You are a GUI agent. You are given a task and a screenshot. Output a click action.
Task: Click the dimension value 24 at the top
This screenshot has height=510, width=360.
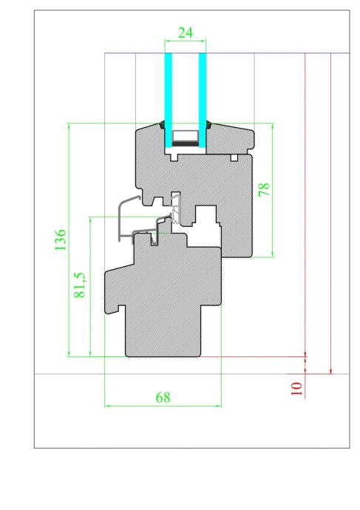pyautogui.click(x=186, y=33)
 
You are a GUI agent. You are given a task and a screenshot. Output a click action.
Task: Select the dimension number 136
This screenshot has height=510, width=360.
pyautogui.click(x=61, y=239)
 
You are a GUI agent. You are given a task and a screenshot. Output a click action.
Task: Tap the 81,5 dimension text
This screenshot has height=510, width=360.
pyautogui.click(x=80, y=285)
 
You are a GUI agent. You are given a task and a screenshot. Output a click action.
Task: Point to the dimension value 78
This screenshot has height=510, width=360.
pyautogui.click(x=264, y=189)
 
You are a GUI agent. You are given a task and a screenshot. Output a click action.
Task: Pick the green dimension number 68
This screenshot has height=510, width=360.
pyautogui.click(x=163, y=397)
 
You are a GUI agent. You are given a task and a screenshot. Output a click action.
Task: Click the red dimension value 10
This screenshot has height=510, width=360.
pyautogui.click(x=296, y=389)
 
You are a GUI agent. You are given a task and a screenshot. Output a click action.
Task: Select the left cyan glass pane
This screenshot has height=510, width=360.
pyautogui.click(x=169, y=101)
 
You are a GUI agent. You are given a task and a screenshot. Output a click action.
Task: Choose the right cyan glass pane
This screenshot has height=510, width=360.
pyautogui.click(x=203, y=101)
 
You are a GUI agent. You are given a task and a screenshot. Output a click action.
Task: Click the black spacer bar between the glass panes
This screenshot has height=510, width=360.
pyautogui.click(x=186, y=143)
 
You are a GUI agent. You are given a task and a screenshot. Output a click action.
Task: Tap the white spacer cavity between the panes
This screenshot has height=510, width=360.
pyautogui.click(x=186, y=136)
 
